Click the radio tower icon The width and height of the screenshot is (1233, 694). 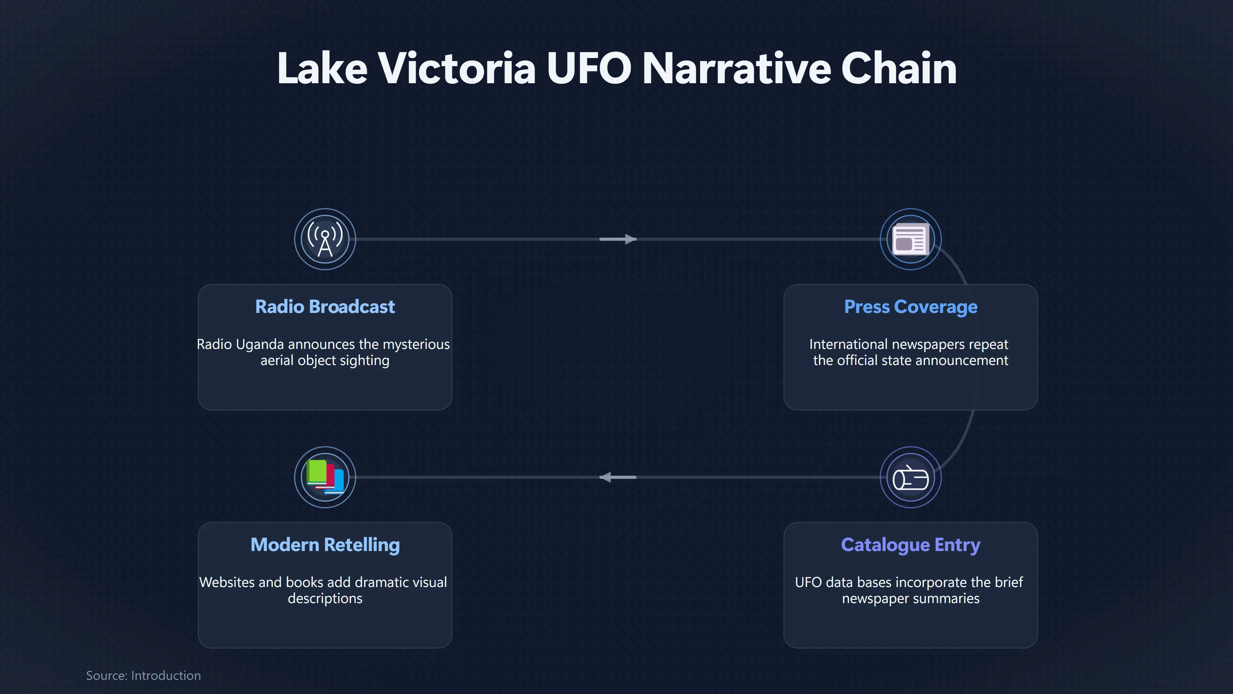pos(325,239)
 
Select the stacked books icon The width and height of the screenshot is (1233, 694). pos(325,477)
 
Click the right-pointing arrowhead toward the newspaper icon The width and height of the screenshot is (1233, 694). pos(630,239)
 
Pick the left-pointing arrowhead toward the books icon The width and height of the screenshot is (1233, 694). pos(606,477)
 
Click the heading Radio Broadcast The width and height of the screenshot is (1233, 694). pos(325,307)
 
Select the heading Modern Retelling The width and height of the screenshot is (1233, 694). pos(325,545)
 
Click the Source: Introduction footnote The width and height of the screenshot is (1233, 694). pos(143,675)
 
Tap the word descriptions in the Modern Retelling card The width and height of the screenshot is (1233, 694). pos(325,599)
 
